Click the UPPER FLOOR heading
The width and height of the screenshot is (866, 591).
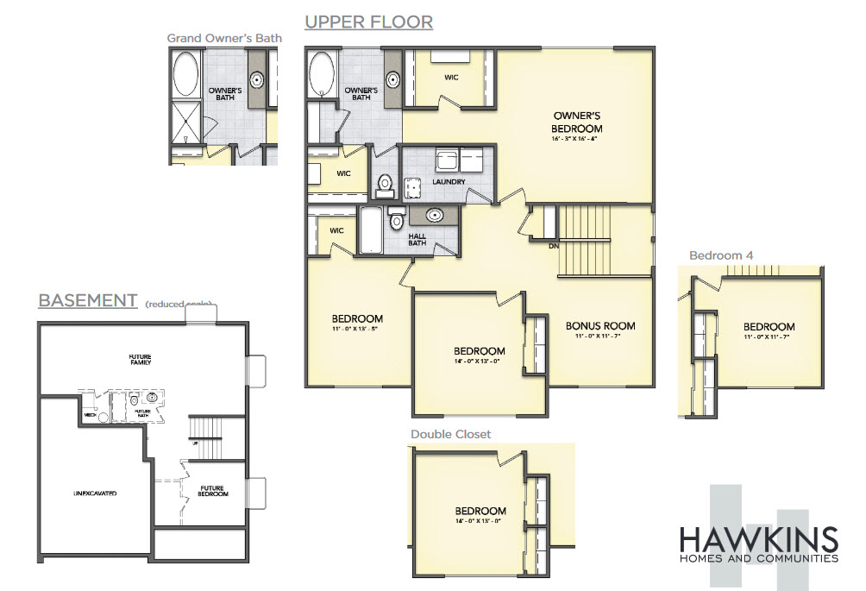click(368, 21)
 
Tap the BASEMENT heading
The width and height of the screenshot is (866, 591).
click(87, 300)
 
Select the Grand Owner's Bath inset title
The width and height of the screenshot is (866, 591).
click(224, 38)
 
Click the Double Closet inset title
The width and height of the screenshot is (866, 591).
click(450, 434)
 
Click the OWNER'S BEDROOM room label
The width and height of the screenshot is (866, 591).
click(577, 122)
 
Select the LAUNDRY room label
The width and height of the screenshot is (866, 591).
click(449, 182)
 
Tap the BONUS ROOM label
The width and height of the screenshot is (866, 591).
click(600, 325)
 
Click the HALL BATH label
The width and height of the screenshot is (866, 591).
click(417, 238)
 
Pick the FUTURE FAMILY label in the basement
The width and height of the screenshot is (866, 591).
click(140, 359)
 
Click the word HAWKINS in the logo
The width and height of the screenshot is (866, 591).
click(758, 539)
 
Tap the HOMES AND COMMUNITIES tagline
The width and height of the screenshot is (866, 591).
click(758, 559)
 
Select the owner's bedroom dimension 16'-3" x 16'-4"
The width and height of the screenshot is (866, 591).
click(577, 138)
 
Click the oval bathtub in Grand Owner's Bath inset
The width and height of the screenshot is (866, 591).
click(186, 73)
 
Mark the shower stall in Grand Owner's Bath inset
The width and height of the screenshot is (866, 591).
click(185, 122)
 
